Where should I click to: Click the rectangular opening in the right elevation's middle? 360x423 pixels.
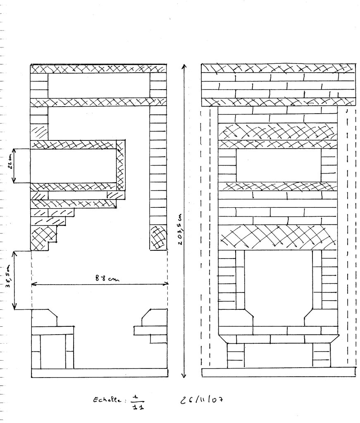(x=278, y=165)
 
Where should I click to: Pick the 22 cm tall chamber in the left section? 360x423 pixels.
(x=73, y=165)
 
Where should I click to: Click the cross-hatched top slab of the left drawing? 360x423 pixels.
(x=99, y=69)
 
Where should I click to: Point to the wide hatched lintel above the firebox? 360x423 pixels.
(x=278, y=237)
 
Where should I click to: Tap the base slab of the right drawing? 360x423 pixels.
(x=279, y=372)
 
